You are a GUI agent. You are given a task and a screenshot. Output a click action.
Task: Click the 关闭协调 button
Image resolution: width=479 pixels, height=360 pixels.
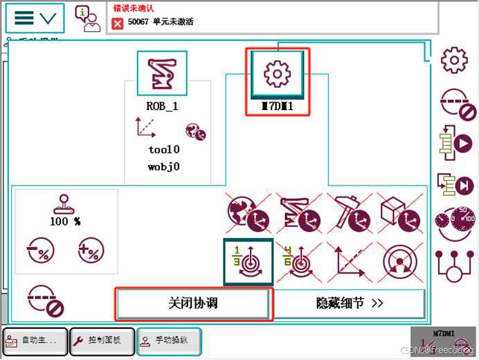[x=192, y=303]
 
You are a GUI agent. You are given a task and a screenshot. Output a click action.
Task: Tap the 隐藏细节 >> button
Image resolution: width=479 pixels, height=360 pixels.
[x=350, y=303]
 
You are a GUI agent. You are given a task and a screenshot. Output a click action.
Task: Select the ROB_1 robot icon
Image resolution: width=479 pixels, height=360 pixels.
[x=162, y=73]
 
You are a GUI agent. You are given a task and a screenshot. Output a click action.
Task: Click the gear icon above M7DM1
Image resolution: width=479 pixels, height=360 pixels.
[x=277, y=73]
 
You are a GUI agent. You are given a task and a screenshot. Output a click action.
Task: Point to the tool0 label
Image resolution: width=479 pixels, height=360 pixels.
[x=164, y=149]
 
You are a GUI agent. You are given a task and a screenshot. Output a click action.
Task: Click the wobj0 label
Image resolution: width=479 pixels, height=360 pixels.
[x=164, y=166]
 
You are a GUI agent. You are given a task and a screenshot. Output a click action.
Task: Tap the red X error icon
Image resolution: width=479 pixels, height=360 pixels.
[x=118, y=23]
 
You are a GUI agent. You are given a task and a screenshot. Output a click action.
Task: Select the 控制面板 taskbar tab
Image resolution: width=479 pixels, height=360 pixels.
[x=102, y=340]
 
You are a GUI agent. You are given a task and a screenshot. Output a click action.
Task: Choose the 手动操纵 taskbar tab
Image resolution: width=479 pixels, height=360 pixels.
[x=170, y=340]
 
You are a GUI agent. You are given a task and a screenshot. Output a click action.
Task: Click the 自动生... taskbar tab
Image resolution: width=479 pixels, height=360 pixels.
[x=35, y=340]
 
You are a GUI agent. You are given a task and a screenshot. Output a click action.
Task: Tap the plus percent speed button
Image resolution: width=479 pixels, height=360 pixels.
[x=91, y=249]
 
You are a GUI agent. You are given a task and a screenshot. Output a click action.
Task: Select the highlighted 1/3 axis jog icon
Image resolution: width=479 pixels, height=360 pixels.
[x=248, y=262]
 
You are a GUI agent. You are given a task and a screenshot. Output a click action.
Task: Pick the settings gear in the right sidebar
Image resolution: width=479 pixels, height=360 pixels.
[x=454, y=60]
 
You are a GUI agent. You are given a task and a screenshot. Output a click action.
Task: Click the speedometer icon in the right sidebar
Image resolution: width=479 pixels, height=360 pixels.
[x=455, y=223]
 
